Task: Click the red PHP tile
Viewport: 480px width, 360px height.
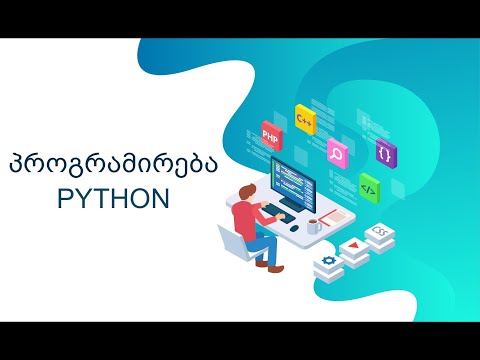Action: coord(270,133)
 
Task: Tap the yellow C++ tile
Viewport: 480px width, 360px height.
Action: coord(305,118)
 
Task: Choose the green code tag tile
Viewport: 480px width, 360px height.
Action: coord(368,186)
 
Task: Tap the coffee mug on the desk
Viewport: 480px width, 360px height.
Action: coord(314,226)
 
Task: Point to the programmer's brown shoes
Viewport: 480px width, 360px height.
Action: coord(264,263)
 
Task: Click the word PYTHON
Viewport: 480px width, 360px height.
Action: coord(112,199)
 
